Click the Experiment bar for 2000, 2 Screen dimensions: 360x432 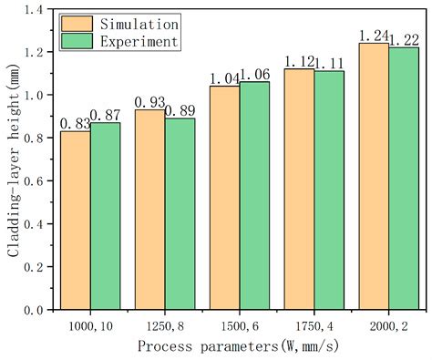(404, 179)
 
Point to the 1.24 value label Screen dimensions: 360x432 (374, 36)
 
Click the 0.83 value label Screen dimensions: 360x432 (76, 123)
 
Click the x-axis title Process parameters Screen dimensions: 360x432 (239, 346)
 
